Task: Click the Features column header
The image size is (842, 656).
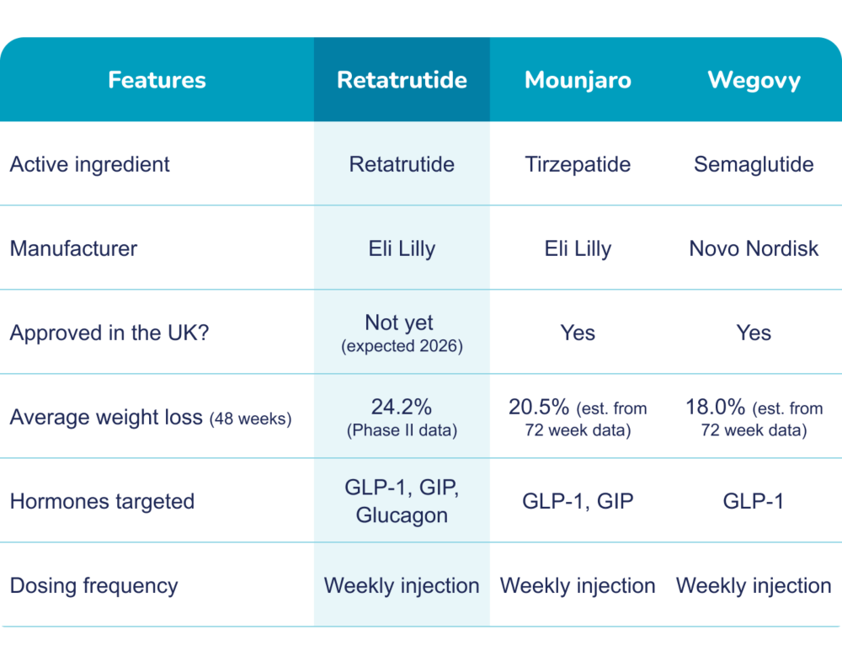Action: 157,80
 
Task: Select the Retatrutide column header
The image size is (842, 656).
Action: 402,80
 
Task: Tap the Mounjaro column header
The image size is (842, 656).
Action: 578,81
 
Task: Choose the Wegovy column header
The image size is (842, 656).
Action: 754,81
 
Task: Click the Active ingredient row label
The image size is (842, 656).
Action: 90,164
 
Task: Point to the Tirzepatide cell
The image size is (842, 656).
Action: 578,164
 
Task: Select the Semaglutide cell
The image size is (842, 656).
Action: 754,164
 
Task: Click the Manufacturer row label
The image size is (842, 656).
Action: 73,248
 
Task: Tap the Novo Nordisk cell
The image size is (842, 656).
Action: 754,248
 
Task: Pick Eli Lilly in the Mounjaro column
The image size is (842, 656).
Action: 578,248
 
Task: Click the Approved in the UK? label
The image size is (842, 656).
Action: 109,333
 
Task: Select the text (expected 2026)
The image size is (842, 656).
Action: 402,346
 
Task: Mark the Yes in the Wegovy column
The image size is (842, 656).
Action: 754,333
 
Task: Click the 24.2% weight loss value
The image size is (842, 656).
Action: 402,408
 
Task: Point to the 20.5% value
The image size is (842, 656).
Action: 539,408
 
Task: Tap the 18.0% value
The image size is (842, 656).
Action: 715,408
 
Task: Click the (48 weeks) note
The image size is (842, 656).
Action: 250,419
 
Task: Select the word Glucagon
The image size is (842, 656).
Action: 402,515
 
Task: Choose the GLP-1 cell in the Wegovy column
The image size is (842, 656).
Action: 754,501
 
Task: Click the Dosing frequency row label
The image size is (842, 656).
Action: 94,586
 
